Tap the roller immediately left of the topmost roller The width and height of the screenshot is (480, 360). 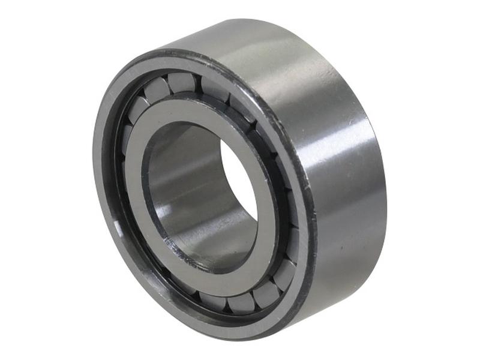pos(157,88)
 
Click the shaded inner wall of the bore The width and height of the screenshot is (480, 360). pos(180,198)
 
